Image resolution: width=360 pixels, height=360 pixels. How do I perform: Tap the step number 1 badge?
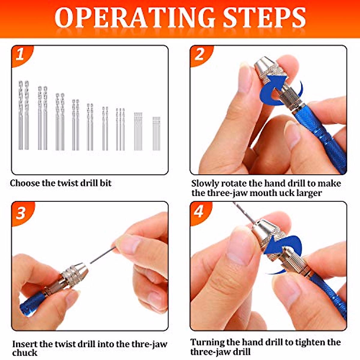pos(20,55)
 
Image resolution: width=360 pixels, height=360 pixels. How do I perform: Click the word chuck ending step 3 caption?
pos(25,353)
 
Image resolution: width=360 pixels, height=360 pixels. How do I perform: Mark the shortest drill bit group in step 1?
pos(156,133)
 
